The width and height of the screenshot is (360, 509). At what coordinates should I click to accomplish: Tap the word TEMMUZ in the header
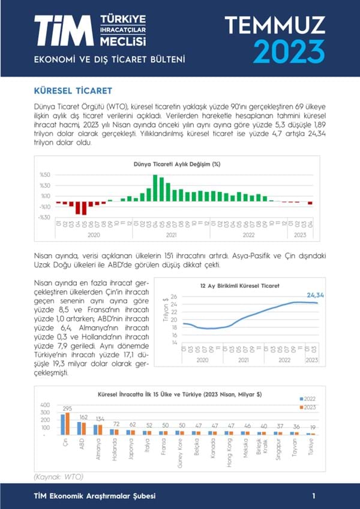pos(275,25)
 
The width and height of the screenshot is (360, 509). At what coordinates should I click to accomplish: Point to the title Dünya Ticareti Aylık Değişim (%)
pos(176,164)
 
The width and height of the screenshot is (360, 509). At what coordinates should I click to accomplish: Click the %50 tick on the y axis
pos(44,175)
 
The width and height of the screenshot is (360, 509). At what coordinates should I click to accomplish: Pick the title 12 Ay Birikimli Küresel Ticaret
pos(239,286)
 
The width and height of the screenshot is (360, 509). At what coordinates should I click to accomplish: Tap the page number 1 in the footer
pos(314,496)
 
